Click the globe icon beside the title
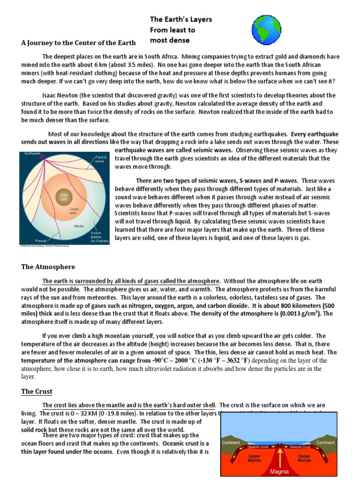click(x=266, y=29)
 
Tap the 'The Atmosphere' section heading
click(x=48, y=267)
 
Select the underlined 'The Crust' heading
click(x=37, y=391)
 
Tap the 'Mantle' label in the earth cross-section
click(x=79, y=225)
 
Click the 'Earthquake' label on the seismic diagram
click(x=33, y=153)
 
